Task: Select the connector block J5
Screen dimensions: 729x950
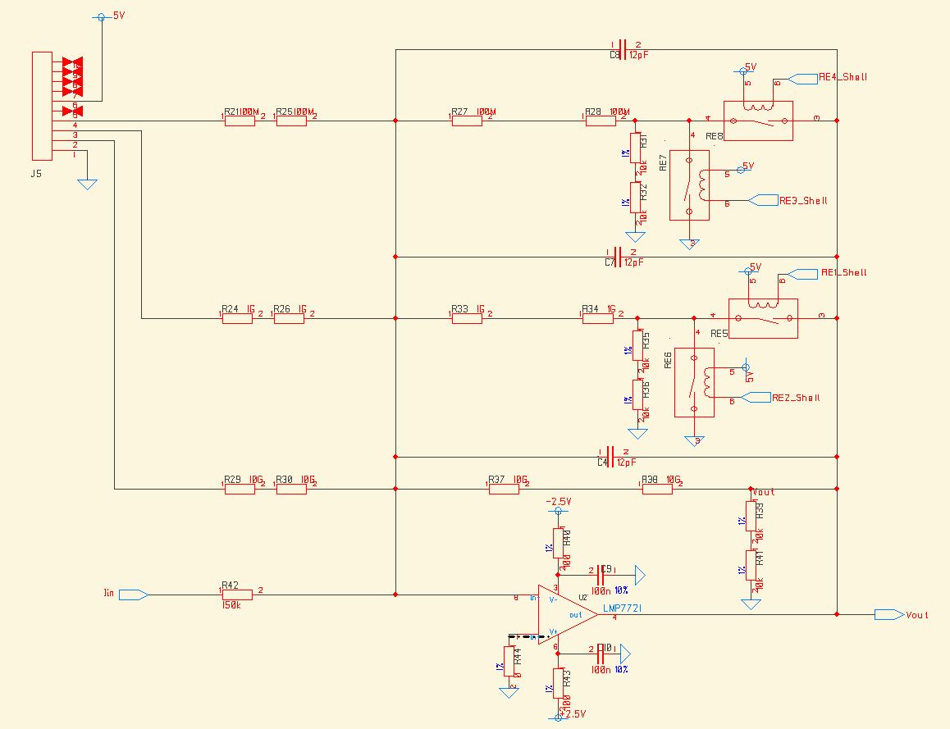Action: click(x=42, y=106)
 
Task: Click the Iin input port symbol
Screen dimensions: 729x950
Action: click(x=134, y=595)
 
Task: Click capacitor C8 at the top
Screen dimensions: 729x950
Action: click(x=621, y=49)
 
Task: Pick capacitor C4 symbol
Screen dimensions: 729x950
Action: click(x=614, y=456)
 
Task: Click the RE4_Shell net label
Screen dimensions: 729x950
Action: click(x=843, y=77)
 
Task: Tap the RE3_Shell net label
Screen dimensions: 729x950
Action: click(x=803, y=200)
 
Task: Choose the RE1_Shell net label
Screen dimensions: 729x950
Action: click(x=843, y=272)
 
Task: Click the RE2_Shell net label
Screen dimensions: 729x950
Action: click(x=796, y=398)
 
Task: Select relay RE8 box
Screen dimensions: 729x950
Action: click(x=758, y=121)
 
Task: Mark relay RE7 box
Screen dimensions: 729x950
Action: click(x=689, y=185)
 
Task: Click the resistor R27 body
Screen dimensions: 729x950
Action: click(x=467, y=121)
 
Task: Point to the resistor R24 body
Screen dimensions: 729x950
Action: click(x=237, y=318)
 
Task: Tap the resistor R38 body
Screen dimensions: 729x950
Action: click(x=656, y=490)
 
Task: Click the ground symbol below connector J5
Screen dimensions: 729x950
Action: click(x=87, y=185)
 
